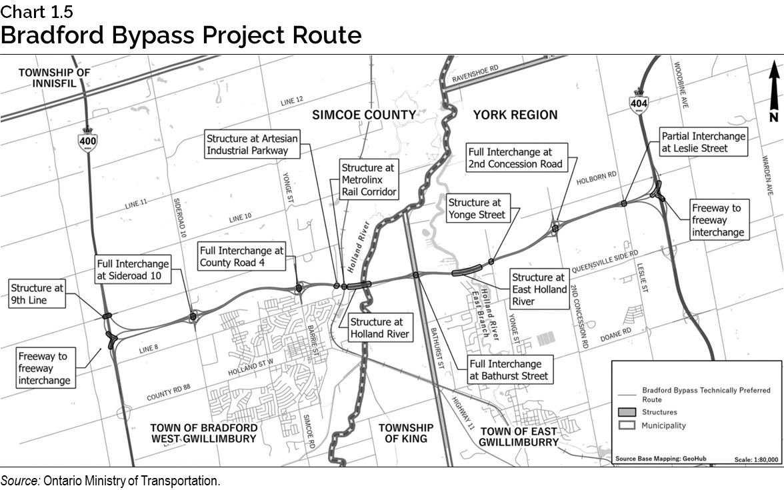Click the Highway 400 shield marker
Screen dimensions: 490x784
click(87, 139)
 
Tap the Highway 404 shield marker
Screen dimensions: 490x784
click(638, 101)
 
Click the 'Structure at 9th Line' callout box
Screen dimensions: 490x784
click(37, 294)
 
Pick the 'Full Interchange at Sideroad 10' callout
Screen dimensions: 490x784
click(132, 269)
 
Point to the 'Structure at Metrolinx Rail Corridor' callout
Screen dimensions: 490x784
click(369, 180)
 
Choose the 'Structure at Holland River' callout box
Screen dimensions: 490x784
click(379, 328)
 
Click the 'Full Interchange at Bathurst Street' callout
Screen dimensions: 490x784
click(510, 370)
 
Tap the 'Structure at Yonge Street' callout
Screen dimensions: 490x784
click(477, 208)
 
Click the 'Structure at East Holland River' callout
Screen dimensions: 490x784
click(539, 289)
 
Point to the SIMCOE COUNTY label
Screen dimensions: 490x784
click(364, 115)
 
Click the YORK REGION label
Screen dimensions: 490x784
click(515, 115)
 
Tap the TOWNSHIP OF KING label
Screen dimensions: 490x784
click(405, 433)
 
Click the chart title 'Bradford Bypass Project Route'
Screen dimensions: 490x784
click(181, 35)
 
